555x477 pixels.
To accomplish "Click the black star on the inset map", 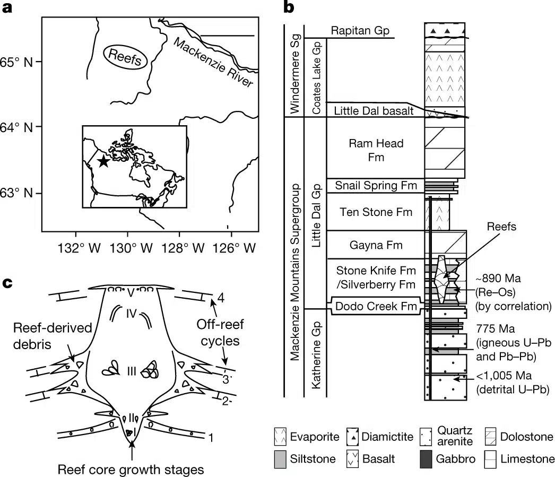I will point(103,161).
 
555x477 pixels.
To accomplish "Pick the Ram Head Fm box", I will point(376,150).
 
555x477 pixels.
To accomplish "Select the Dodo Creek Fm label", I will point(376,306).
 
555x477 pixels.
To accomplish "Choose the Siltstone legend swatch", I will point(282,458).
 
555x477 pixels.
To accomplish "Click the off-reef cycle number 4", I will point(220,298).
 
